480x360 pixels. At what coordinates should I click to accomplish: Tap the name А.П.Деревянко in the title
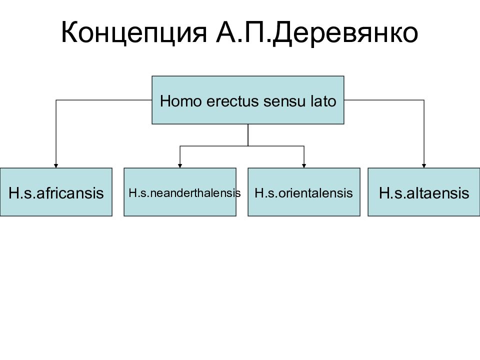(x=317, y=32)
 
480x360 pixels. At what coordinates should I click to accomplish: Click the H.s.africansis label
(x=56, y=193)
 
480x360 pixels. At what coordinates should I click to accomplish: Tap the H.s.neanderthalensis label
(x=184, y=193)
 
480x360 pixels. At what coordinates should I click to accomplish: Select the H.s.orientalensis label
(x=303, y=193)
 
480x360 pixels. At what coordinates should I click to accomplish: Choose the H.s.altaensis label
(x=424, y=193)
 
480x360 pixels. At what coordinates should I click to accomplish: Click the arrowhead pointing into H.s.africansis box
(x=55, y=165)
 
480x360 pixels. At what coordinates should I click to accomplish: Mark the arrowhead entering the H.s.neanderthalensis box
(x=180, y=165)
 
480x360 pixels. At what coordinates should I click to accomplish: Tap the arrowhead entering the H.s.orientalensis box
(x=304, y=165)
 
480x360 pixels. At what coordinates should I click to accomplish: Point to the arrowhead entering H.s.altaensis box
(x=424, y=165)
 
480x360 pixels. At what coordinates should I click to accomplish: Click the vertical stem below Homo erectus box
(x=247, y=135)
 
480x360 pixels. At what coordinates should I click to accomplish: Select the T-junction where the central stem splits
(x=247, y=146)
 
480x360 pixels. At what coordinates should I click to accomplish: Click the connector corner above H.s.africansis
(x=55, y=100)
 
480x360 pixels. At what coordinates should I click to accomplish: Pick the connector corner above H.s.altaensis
(x=424, y=100)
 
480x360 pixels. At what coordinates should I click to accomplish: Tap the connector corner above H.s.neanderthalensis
(x=180, y=146)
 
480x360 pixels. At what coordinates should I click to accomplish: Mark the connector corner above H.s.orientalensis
(x=304, y=146)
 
